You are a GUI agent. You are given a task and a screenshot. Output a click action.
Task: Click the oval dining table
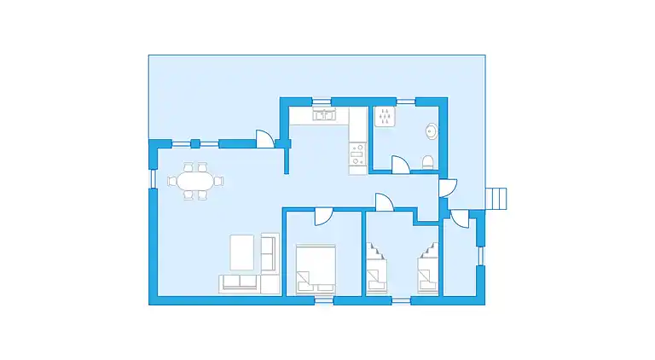[x=192, y=181]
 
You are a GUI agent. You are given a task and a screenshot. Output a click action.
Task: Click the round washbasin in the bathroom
[x=432, y=131]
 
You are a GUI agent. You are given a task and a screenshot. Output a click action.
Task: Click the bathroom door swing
[x=399, y=164]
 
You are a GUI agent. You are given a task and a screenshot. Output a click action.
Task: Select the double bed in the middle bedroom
[x=316, y=268]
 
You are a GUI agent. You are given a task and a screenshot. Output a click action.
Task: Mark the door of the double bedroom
[x=323, y=217]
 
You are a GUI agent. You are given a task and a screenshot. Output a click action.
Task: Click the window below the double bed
[x=323, y=300]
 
